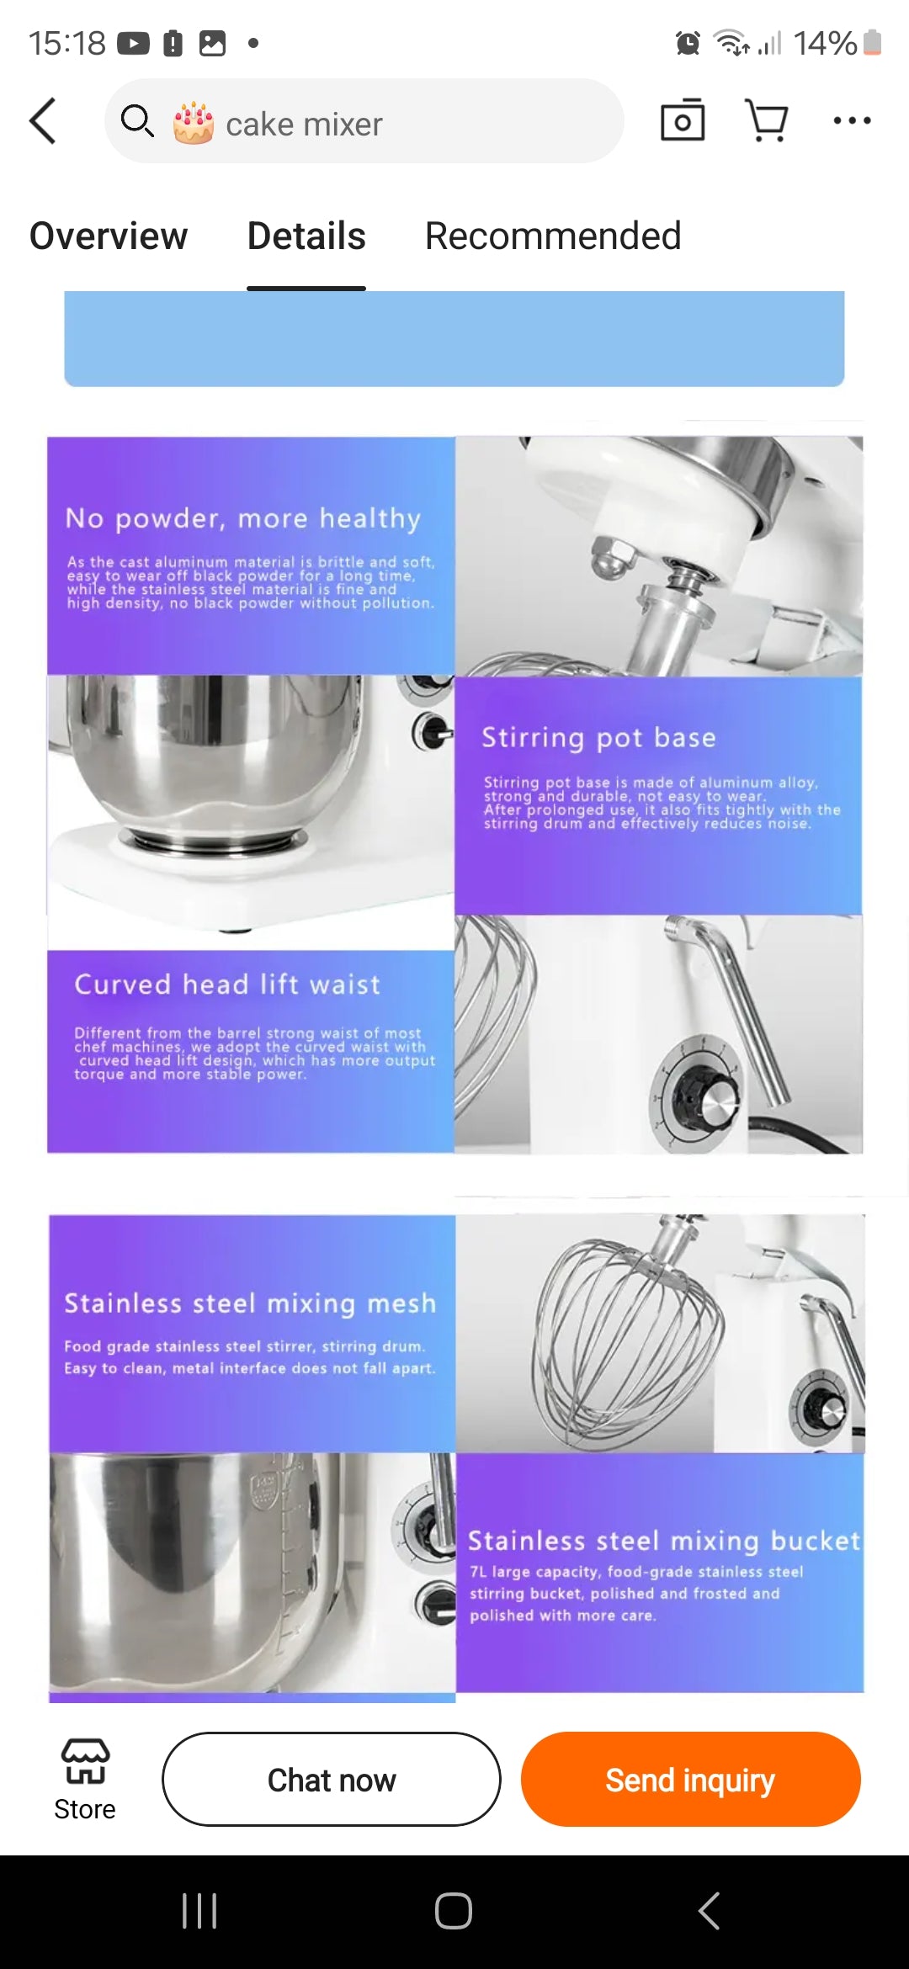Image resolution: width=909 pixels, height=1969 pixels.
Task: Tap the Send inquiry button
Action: (690, 1779)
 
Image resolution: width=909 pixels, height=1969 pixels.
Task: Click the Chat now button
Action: (332, 1779)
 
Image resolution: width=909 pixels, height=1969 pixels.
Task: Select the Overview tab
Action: (109, 236)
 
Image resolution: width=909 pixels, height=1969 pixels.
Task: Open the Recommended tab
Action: (552, 236)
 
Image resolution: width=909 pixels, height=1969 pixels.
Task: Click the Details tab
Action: (306, 236)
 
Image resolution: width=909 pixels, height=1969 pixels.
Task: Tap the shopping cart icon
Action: (767, 120)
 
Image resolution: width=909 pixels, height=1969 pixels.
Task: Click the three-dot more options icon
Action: (852, 120)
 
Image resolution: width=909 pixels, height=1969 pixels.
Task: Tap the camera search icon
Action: (683, 120)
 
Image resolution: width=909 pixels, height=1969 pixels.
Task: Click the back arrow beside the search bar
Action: (43, 120)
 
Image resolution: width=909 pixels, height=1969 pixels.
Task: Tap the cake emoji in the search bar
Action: (194, 123)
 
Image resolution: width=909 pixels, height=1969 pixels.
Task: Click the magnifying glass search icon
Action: (137, 121)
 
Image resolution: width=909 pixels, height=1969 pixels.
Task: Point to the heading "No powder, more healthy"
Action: (243, 518)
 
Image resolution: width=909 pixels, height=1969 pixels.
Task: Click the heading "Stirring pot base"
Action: (598, 738)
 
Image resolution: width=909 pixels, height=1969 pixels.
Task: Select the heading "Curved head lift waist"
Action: (227, 984)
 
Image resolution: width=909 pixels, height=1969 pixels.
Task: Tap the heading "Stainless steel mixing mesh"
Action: (250, 1303)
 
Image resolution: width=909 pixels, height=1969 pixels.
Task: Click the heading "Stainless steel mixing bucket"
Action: (663, 1541)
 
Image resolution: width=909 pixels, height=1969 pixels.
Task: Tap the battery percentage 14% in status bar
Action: (825, 43)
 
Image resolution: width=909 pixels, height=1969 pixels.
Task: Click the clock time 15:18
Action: (67, 43)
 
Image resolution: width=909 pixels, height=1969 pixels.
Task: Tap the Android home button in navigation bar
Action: (454, 1910)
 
